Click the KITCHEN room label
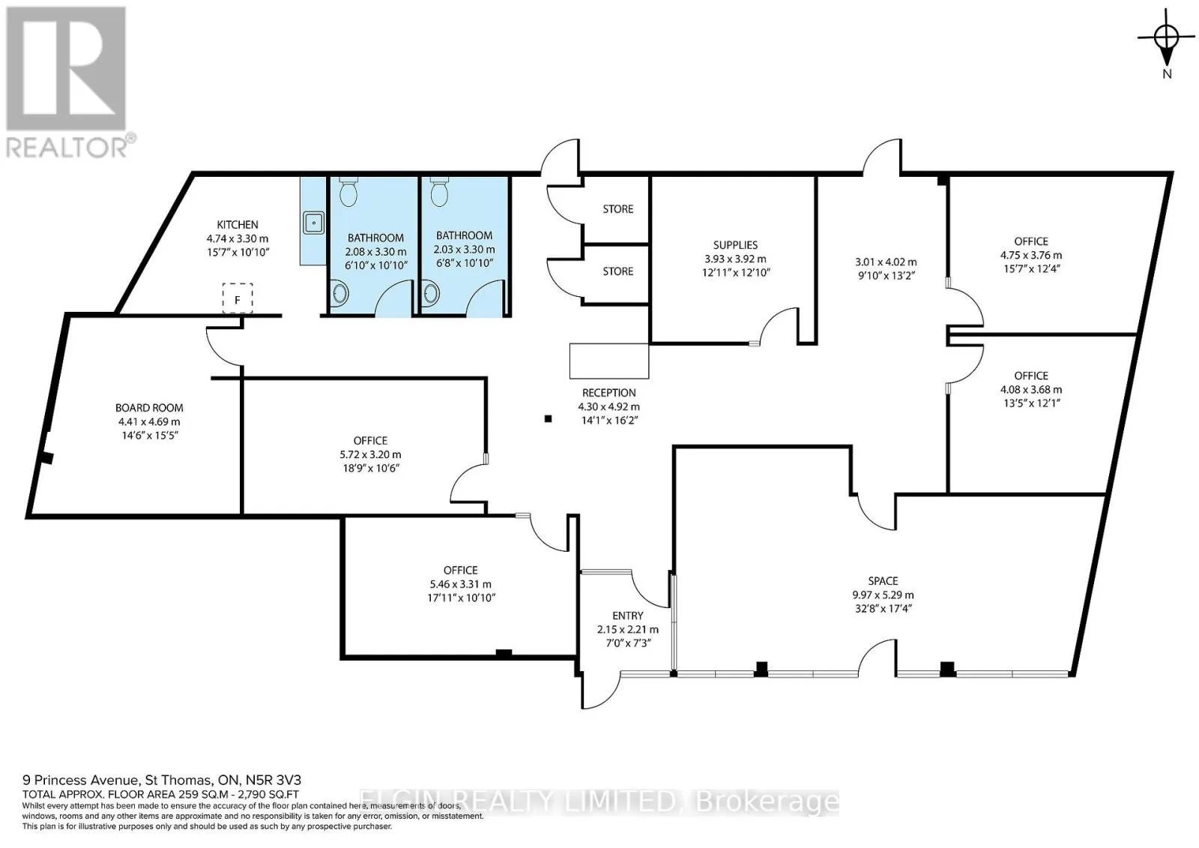(237, 224)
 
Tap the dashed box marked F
(238, 298)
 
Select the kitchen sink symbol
(314, 223)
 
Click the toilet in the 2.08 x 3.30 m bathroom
(348, 192)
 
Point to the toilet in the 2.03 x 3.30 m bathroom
(439, 192)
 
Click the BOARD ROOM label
(149, 408)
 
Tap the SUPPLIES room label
(735, 245)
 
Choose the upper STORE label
(617, 209)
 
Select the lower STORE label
(617, 271)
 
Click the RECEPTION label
(609, 393)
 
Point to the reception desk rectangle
(609, 361)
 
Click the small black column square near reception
(548, 419)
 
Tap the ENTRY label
(628, 616)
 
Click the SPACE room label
(884, 580)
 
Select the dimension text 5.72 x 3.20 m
(370, 454)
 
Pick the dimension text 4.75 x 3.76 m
(1031, 255)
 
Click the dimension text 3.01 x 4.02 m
(886, 262)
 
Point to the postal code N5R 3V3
(273, 780)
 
